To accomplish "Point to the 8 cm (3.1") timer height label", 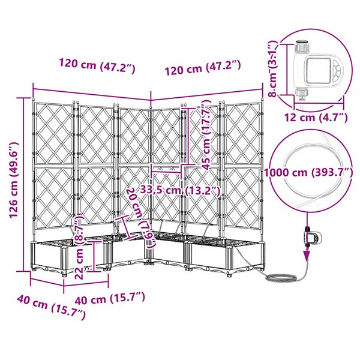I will pyautogui.click(x=273, y=68).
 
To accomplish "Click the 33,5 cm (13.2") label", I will pyautogui.click(x=180, y=191).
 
